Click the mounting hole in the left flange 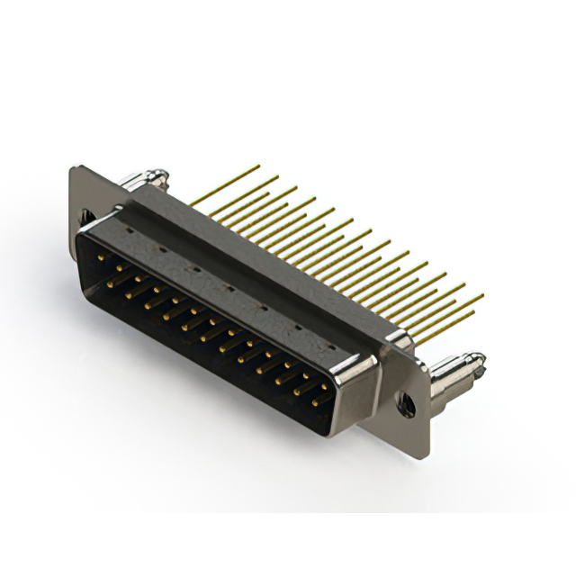(87, 217)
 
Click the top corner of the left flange (74, 167)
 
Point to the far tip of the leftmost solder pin (259, 166)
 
